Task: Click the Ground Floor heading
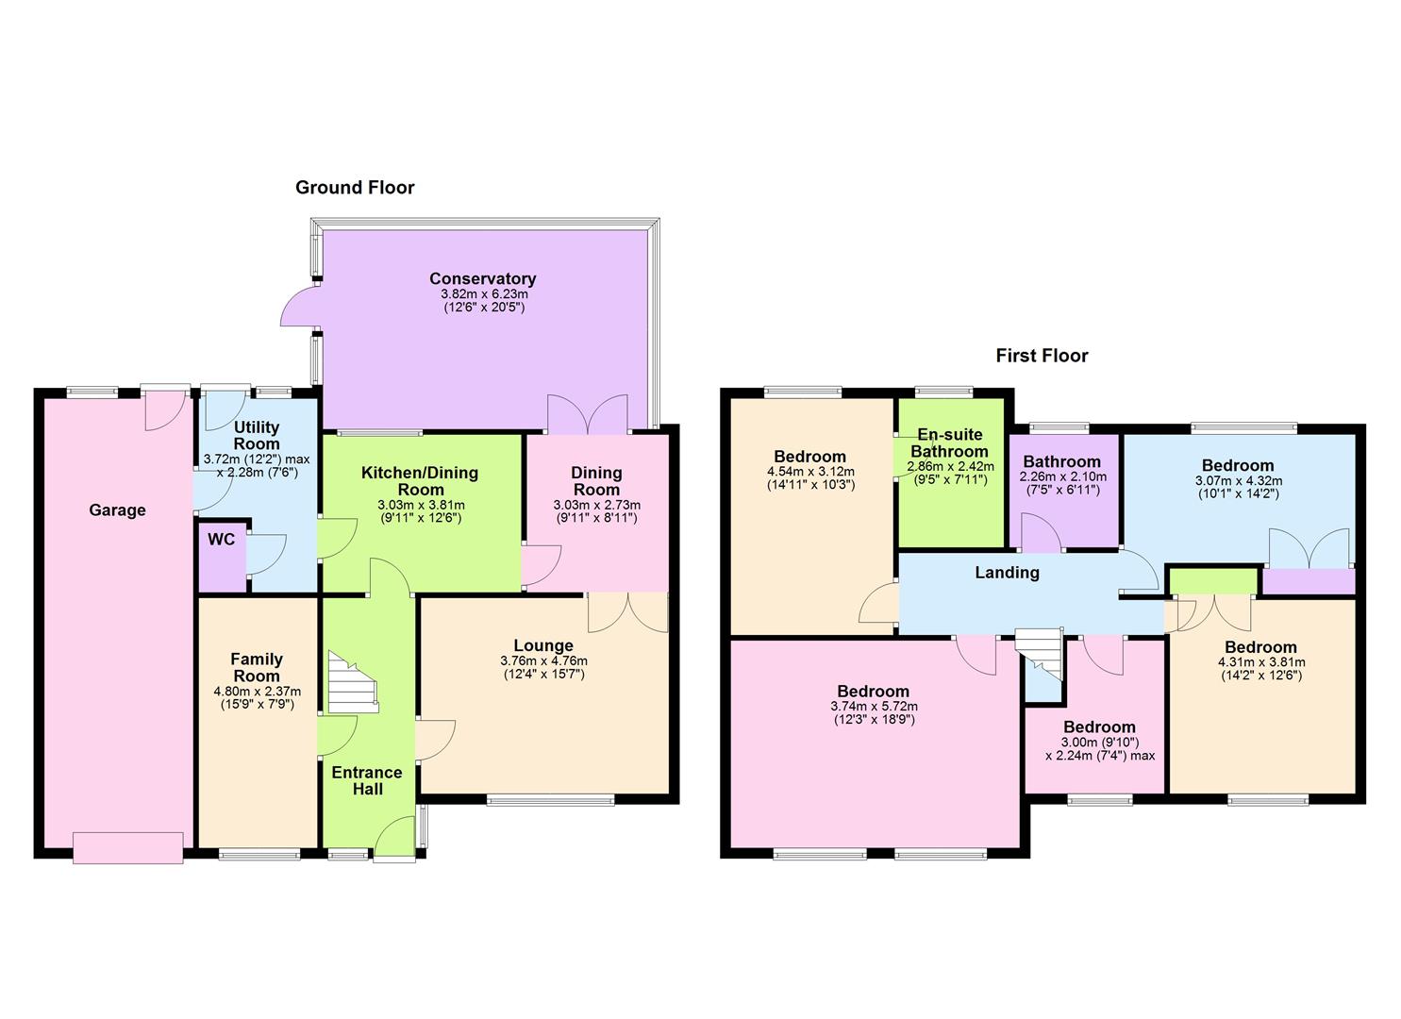point(355,188)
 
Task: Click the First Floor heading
point(1042,356)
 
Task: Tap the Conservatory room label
point(482,278)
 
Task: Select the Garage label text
point(117,510)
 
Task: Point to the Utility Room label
point(257,436)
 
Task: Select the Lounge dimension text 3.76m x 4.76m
point(543,661)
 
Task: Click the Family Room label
point(257,667)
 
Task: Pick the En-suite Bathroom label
point(949,443)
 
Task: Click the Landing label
point(1007,573)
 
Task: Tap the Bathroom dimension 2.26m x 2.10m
point(1062,477)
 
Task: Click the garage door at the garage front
point(127,847)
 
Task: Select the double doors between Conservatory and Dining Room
point(587,415)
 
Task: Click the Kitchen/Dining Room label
point(420,481)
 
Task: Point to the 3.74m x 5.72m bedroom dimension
point(874,706)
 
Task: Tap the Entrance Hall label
point(367,780)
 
